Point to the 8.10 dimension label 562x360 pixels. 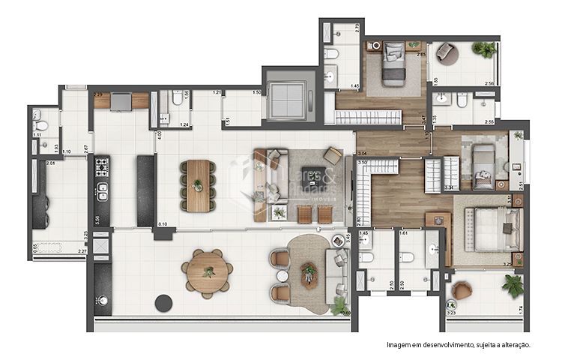tap(163, 223)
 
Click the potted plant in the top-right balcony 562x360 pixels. tap(483, 49)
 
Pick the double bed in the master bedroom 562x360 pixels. tap(493, 229)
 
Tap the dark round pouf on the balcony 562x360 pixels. tap(163, 303)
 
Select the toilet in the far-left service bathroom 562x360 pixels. tap(43, 125)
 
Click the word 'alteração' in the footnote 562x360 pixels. tap(511, 345)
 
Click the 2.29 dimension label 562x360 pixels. tap(98, 94)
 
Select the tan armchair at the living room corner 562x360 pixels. tap(333, 155)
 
